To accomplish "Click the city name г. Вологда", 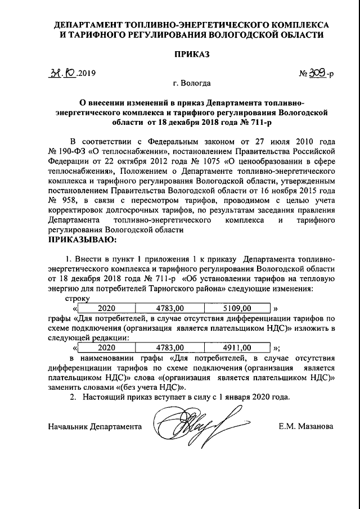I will (x=191, y=84).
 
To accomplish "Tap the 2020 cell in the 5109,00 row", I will (x=107, y=308).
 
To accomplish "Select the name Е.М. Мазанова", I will (x=305, y=427).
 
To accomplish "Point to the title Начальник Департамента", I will (x=94, y=427).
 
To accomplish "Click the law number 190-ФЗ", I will (x=74, y=151).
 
